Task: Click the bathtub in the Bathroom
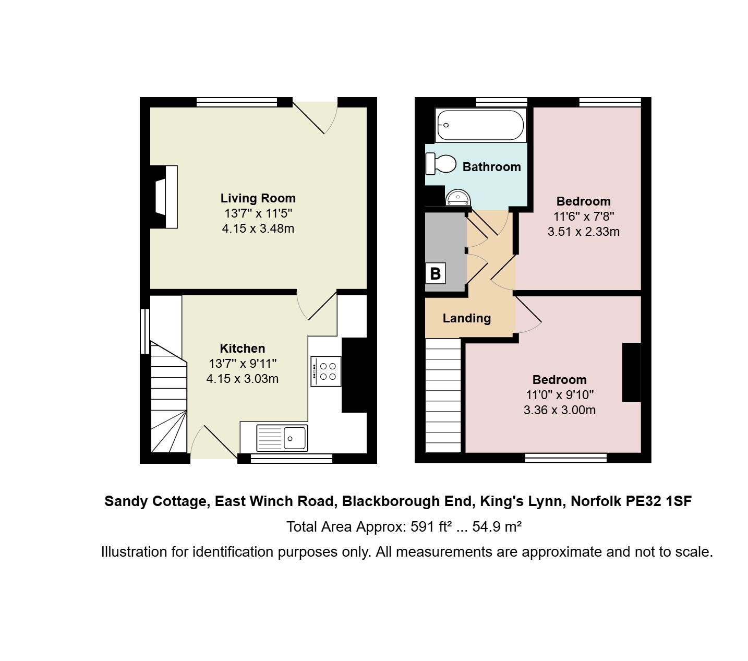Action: click(x=480, y=125)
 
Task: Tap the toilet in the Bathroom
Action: click(x=441, y=164)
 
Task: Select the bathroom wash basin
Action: click(x=458, y=198)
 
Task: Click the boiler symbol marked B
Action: click(x=435, y=273)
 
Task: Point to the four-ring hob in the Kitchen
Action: click(x=325, y=371)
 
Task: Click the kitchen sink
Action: click(x=282, y=438)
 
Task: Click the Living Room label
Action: click(x=258, y=198)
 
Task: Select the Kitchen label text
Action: click(x=242, y=348)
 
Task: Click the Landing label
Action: click(x=467, y=318)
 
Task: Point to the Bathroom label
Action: click(x=491, y=167)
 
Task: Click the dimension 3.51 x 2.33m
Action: click(x=583, y=232)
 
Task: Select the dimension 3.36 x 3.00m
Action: click(x=560, y=410)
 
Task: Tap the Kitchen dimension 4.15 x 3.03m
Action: click(x=242, y=379)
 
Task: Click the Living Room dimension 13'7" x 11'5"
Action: click(x=258, y=213)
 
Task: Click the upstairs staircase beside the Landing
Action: click(x=443, y=395)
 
